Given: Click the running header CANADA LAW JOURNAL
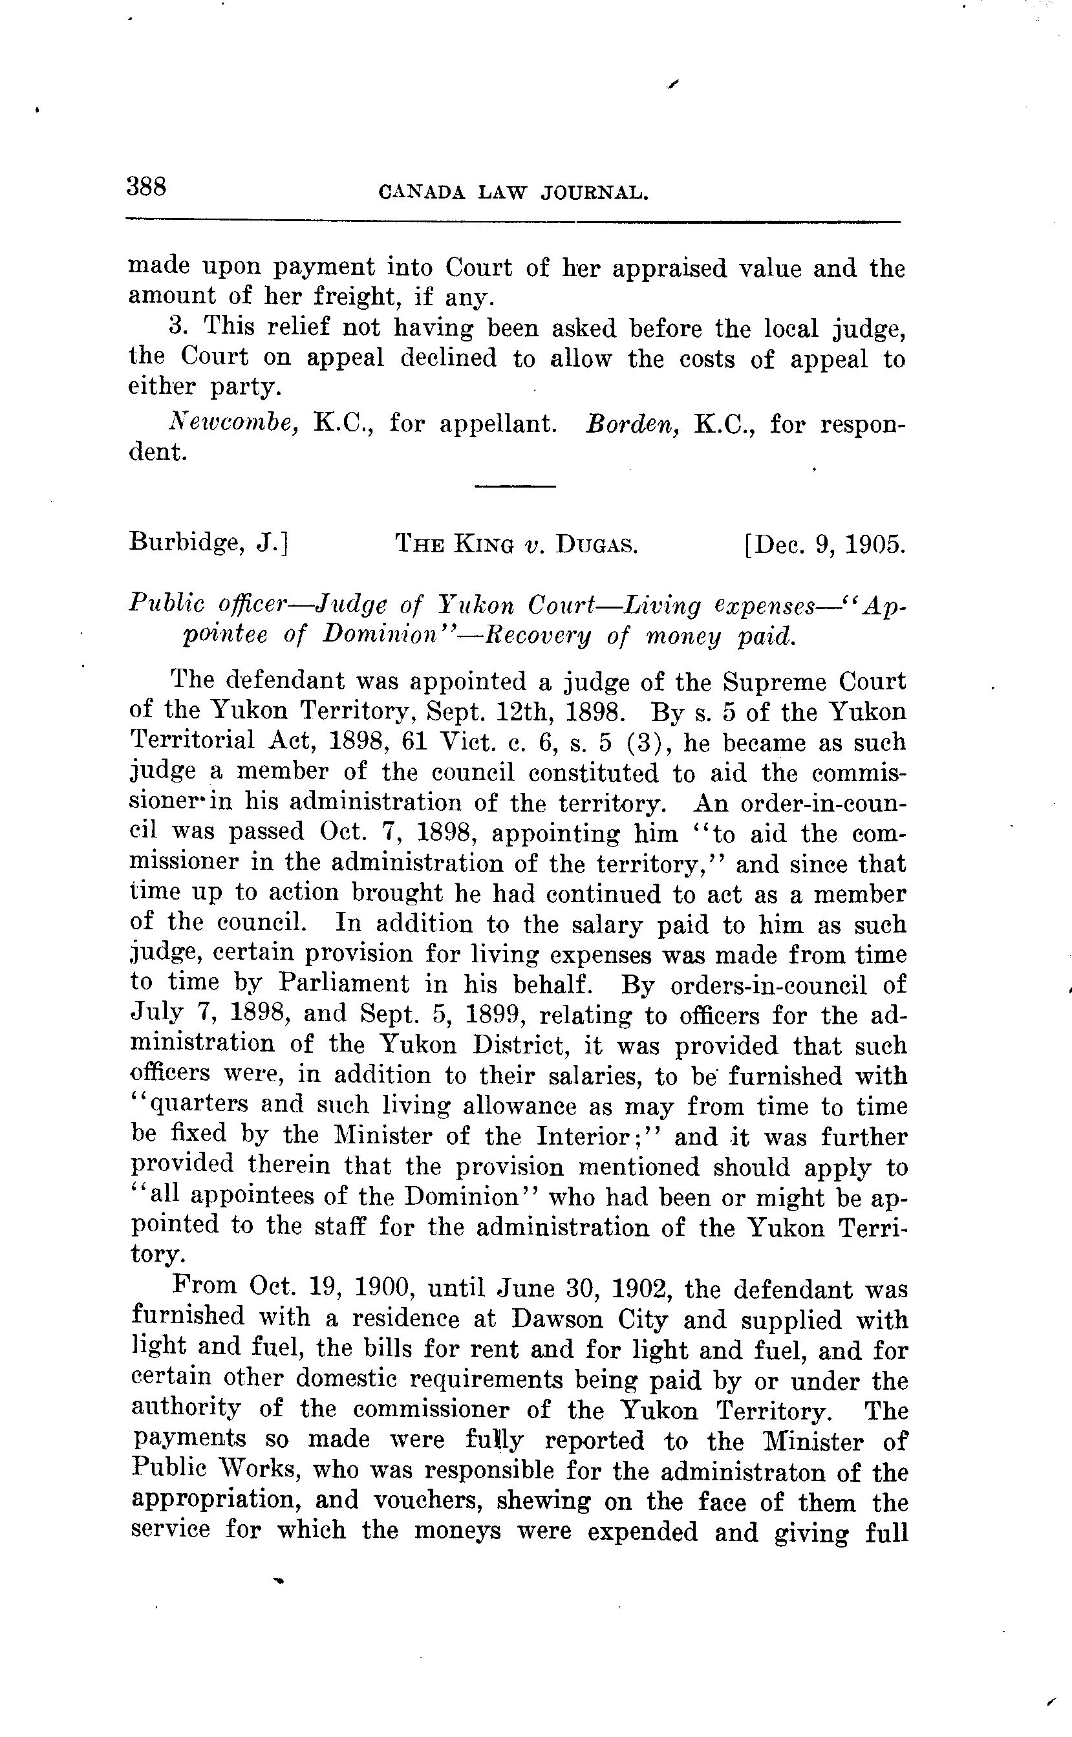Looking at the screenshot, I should [514, 192].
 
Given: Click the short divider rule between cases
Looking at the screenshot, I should [515, 486].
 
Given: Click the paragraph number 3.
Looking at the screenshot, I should [177, 327].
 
